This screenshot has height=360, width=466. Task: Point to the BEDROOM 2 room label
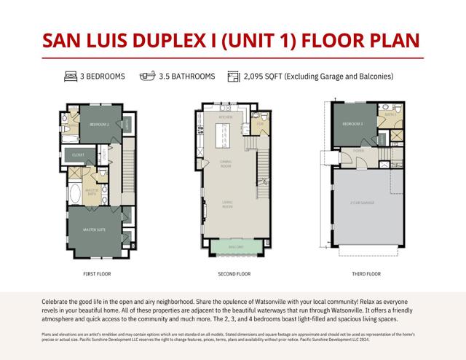pyautogui.click(x=100, y=125)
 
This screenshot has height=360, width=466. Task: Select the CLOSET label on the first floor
pyautogui.click(x=78, y=154)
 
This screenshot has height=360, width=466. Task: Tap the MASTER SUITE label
pyautogui.click(x=95, y=230)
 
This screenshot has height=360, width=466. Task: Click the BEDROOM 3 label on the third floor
pyautogui.click(x=353, y=125)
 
